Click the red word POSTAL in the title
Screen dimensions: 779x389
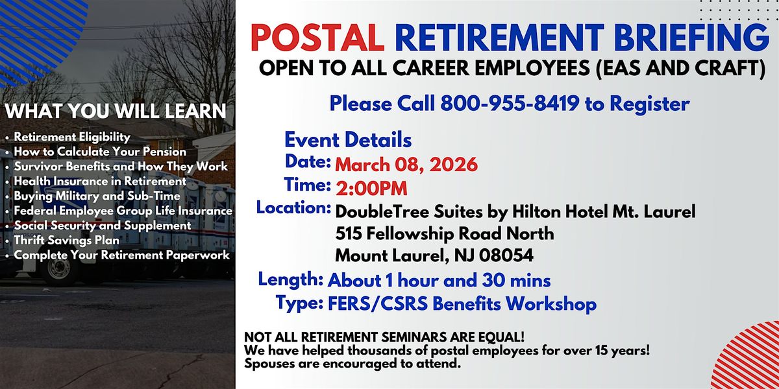pyautogui.click(x=317, y=38)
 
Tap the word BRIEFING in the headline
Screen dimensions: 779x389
pyautogui.click(x=691, y=38)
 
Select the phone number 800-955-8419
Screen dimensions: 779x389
pyautogui.click(x=510, y=104)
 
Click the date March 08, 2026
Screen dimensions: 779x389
pyautogui.click(x=406, y=165)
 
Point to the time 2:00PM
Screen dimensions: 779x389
pyautogui.click(x=371, y=189)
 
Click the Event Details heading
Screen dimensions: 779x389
pyautogui.click(x=348, y=140)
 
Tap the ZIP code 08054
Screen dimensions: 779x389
pyautogui.click(x=506, y=255)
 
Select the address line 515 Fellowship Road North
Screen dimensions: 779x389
pyautogui.click(x=445, y=233)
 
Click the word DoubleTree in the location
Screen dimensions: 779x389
pyautogui.click(x=382, y=211)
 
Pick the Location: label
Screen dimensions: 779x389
pyautogui.click(x=293, y=207)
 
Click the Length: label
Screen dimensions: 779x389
pyautogui.click(x=291, y=279)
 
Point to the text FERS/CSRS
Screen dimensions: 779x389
pyautogui.click(x=378, y=304)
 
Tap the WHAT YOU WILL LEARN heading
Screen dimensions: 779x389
pyautogui.click(x=115, y=111)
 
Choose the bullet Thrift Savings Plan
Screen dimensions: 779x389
pyautogui.click(x=66, y=241)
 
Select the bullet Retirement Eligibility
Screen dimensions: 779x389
pyautogui.click(x=72, y=137)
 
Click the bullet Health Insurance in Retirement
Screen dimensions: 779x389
pyautogui.click(x=100, y=182)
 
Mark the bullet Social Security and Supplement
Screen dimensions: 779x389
pyautogui.click(x=103, y=226)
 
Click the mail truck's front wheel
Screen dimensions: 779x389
pyautogui.click(x=59, y=269)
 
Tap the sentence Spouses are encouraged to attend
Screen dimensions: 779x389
pyautogui.click(x=352, y=364)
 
